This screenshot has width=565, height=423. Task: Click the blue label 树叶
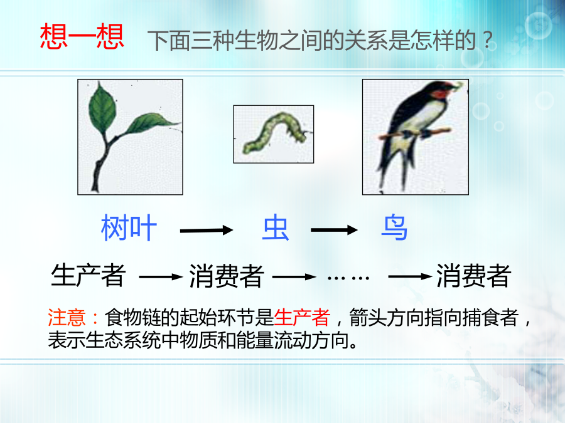click(129, 227)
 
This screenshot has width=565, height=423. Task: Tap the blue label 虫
click(276, 227)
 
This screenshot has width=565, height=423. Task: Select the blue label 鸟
click(394, 227)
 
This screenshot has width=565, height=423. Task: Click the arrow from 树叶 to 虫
click(207, 230)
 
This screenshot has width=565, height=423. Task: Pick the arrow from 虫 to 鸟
click(334, 230)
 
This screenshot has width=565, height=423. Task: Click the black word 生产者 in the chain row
click(89, 276)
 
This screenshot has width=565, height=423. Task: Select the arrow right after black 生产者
click(161, 276)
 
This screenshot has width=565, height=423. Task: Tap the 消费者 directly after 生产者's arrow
click(227, 276)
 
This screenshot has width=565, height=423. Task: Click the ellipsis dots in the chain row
click(348, 278)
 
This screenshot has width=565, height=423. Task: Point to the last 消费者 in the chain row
click(474, 276)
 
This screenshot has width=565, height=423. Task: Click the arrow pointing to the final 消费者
click(410, 276)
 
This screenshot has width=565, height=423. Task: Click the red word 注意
click(67, 317)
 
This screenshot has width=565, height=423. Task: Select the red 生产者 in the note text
click(302, 317)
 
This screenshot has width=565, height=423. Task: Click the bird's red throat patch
click(440, 94)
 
